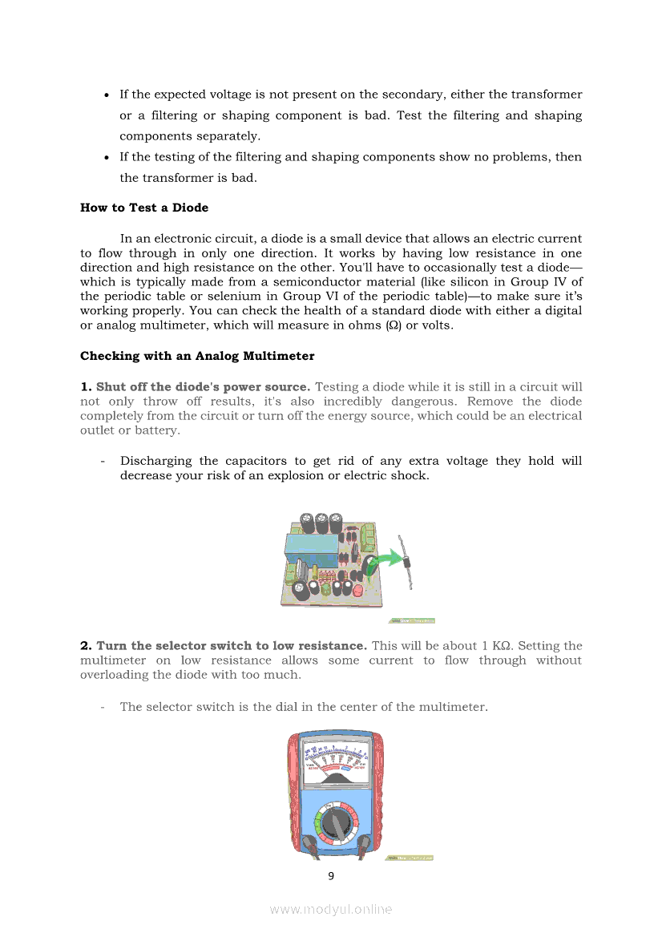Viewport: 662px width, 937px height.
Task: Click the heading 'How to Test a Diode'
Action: point(144,208)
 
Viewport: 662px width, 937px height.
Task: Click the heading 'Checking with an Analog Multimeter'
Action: point(197,356)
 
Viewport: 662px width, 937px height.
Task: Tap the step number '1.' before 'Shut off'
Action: point(86,387)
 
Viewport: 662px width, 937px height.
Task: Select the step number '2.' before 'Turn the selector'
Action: point(87,646)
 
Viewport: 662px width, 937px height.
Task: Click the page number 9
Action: point(331,875)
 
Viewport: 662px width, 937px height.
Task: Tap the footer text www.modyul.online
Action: point(331,909)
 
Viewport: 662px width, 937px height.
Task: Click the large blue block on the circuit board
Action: point(311,546)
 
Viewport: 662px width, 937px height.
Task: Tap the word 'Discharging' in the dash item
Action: point(156,461)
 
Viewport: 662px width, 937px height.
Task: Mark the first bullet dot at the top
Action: point(107,95)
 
